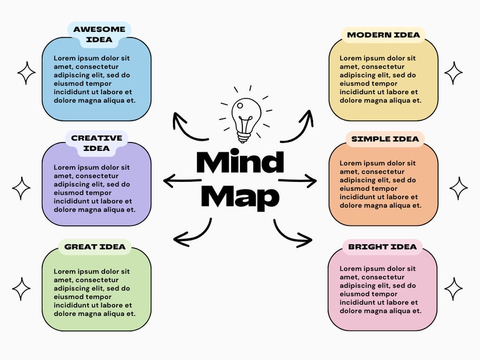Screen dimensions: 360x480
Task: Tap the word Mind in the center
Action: coord(240,162)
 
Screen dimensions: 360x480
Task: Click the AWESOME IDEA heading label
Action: coord(100,34)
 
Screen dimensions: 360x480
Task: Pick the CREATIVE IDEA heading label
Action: coord(97,143)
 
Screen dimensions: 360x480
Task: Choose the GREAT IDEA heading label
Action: coord(95,246)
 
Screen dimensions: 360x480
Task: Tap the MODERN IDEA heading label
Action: coord(383,35)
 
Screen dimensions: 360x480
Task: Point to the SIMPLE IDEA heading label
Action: coord(384,139)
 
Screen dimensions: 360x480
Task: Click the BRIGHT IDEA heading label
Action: coord(382,246)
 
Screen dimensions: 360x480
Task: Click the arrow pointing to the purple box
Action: coord(182,180)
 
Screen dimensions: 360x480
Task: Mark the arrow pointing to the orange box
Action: coord(297,180)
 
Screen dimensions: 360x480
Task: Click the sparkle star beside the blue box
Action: coord(27,73)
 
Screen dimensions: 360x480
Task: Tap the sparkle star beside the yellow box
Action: coord(453,73)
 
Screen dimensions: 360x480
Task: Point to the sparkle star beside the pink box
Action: coord(453,289)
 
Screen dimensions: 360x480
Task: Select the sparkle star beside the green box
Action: coord(21,289)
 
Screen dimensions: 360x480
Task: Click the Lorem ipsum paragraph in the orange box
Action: coord(378,185)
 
